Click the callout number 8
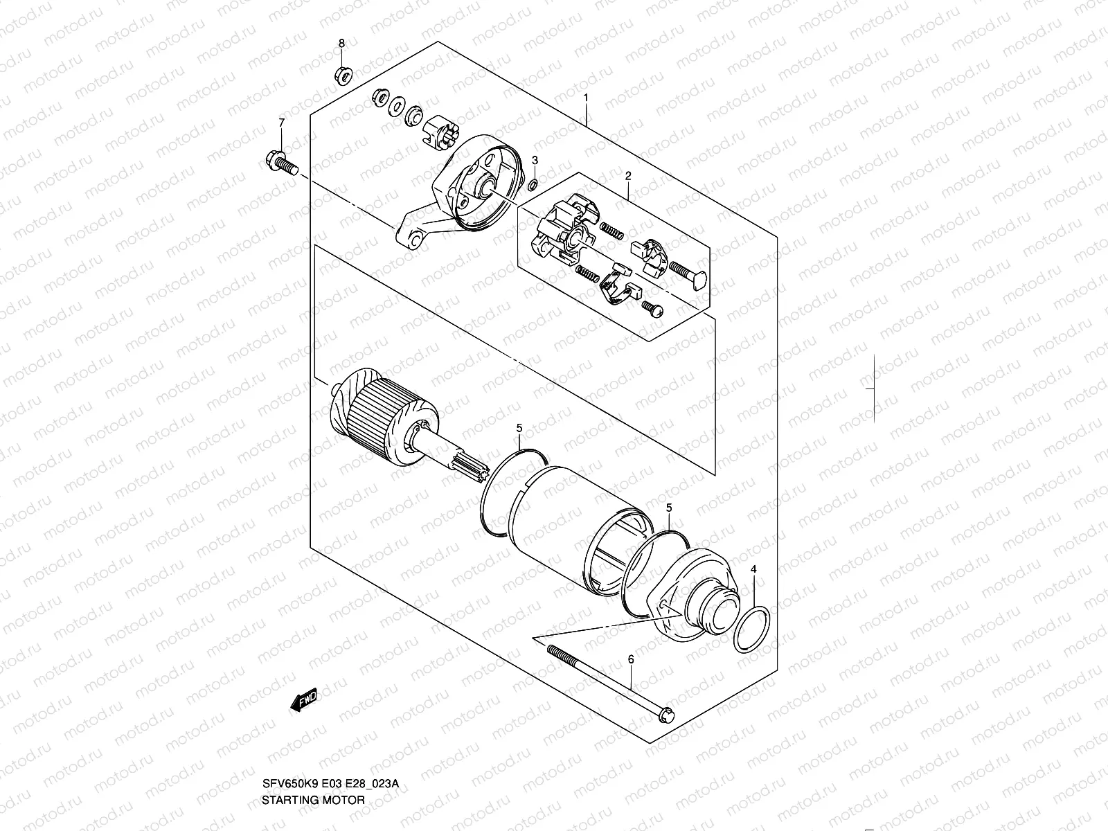(x=341, y=44)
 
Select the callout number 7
(x=282, y=123)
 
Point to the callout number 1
(x=586, y=98)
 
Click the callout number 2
(x=628, y=176)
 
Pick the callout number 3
(x=535, y=160)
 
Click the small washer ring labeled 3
(x=532, y=186)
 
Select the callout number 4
(x=754, y=569)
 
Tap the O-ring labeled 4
(x=751, y=629)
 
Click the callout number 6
(x=630, y=660)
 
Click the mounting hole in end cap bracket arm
(x=416, y=240)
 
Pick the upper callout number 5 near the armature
(x=519, y=429)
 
